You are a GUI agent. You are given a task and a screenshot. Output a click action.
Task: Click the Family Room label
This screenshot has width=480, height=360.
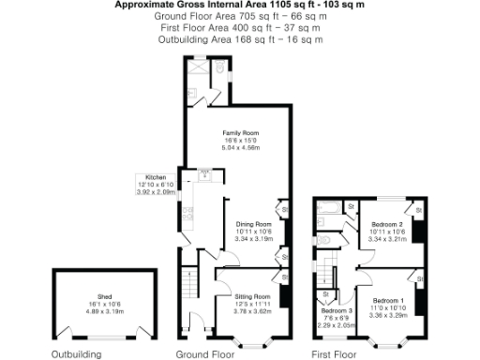(240, 134)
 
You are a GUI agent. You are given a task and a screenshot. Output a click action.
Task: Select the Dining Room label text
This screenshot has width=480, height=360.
(253, 225)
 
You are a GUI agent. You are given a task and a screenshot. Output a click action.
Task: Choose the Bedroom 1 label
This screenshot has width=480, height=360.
(388, 300)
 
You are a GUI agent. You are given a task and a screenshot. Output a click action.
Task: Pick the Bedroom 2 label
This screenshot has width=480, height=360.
(386, 225)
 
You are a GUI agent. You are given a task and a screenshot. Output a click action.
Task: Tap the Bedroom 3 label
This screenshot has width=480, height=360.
(336, 310)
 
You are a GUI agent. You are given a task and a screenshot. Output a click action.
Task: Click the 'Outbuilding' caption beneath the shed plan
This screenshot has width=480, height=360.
(76, 353)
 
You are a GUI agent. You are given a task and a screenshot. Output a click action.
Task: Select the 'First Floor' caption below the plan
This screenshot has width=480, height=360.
(335, 353)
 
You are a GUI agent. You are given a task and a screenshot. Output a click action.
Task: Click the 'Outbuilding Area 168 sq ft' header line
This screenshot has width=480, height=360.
(241, 40)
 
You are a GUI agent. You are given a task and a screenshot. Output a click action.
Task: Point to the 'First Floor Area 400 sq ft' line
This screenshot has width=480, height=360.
(241, 28)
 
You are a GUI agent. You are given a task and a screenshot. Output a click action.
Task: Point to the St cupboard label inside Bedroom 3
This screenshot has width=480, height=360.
(325, 293)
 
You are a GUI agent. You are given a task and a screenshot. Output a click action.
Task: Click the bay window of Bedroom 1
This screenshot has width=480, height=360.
(388, 343)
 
